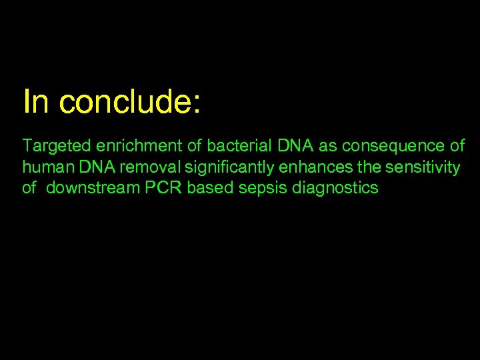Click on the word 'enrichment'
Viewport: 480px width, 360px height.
(130, 146)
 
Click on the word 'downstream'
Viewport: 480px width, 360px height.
(93, 188)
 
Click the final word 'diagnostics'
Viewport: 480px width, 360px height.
(335, 188)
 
